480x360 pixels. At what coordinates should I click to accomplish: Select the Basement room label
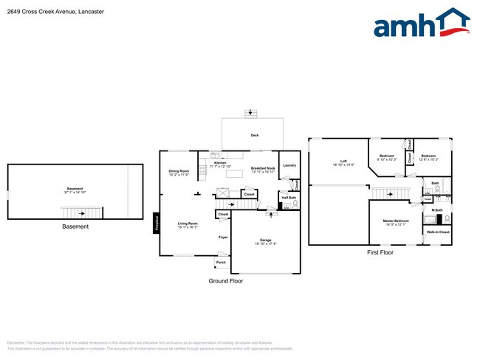click(75, 189)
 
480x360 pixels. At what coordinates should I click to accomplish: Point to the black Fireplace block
click(156, 222)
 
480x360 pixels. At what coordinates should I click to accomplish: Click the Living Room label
click(187, 224)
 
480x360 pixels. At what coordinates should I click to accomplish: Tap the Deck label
click(254, 136)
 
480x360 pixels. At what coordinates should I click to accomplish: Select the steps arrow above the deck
click(253, 112)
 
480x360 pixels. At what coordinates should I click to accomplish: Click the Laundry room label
click(289, 165)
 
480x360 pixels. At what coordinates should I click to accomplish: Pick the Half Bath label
click(288, 197)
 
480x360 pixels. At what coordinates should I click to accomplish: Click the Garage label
click(265, 240)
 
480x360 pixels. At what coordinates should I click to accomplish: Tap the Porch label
click(220, 262)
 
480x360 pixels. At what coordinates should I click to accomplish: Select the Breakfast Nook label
click(263, 168)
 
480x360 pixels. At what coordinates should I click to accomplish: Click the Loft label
click(343, 161)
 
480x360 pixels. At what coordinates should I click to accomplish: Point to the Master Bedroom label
click(396, 221)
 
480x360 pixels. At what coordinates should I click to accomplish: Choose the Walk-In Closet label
click(437, 232)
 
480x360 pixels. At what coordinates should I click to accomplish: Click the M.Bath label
click(436, 210)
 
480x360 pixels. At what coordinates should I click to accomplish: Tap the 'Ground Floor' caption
click(225, 281)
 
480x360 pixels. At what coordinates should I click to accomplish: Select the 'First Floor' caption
click(380, 252)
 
